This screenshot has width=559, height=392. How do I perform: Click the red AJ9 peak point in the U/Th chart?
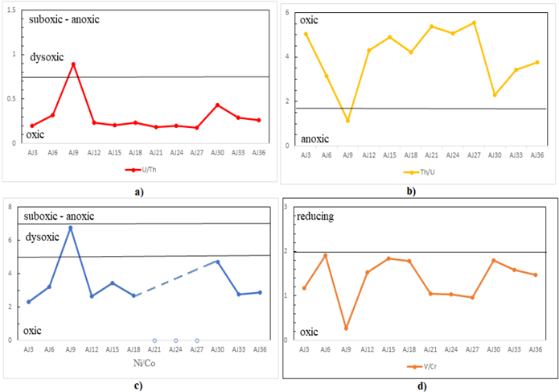pos(73,64)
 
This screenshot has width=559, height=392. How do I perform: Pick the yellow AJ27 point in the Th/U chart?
pos(475,23)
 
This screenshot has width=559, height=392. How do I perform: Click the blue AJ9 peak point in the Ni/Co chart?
pos(71,228)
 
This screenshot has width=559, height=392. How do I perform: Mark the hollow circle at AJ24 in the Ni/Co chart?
pos(175,340)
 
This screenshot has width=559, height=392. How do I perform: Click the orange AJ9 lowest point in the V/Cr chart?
pos(346,328)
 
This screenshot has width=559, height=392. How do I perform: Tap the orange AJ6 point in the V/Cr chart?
pos(325,256)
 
